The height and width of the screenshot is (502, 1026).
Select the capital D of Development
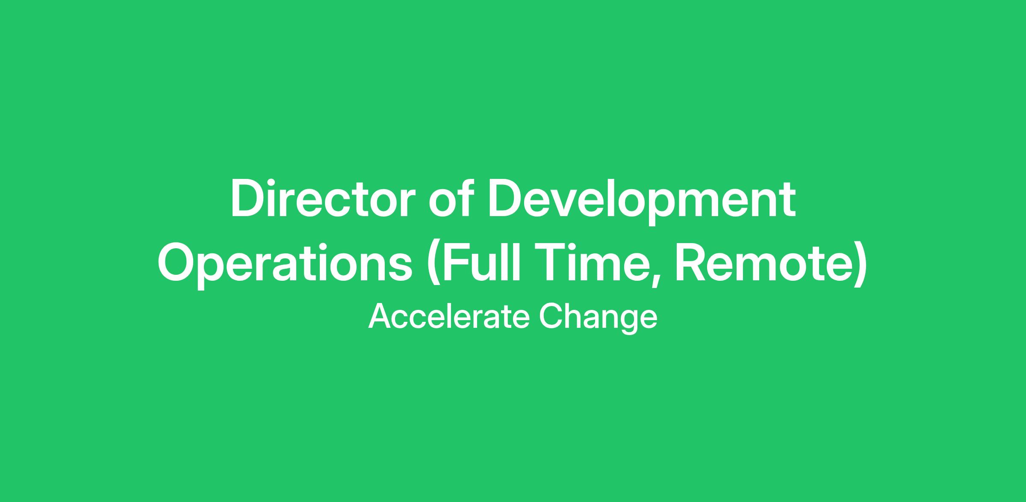[504, 199]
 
